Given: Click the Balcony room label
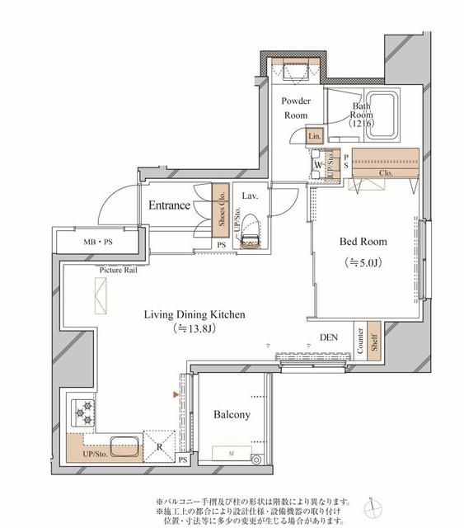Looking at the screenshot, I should tap(231, 415).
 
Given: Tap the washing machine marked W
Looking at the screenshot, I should tap(317, 163).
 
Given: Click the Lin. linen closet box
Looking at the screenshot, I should tap(313, 136).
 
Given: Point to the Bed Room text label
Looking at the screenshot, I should tap(363, 243).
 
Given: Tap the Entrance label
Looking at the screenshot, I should tap(170, 205).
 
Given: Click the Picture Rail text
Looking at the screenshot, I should tap(118, 270).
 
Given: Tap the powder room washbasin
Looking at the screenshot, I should tap(294, 72).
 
